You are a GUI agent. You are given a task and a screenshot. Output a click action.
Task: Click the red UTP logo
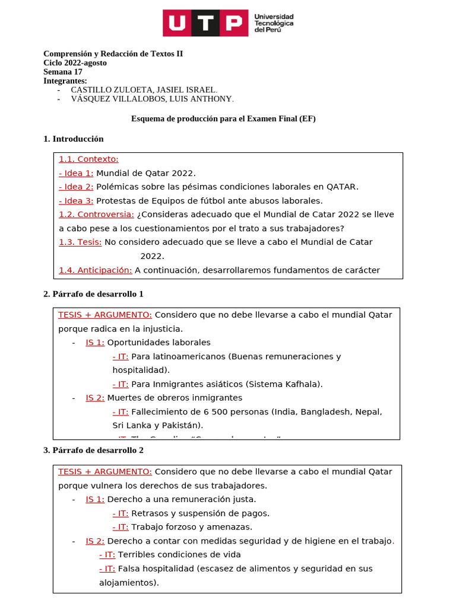coord(206,23)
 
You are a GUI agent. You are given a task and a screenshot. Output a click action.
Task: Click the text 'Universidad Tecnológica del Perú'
coord(274,24)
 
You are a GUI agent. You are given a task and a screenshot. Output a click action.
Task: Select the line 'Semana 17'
coord(63,72)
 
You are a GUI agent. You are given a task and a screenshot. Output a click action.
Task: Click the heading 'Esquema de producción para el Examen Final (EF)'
coord(223,119)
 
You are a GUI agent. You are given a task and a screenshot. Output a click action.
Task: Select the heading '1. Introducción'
coord(74,139)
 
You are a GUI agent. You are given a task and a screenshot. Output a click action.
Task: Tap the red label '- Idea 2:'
coord(76,187)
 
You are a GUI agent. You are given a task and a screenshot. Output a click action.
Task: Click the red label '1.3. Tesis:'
coord(80,242)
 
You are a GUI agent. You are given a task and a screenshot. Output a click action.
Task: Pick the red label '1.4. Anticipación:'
coord(95,270)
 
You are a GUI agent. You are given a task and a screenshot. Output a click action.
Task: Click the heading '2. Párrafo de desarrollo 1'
coord(93,294)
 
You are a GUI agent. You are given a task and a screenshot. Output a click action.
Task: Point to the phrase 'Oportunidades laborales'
coord(159,342)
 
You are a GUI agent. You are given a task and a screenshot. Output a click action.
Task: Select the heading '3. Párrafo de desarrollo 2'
coord(93,450)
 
